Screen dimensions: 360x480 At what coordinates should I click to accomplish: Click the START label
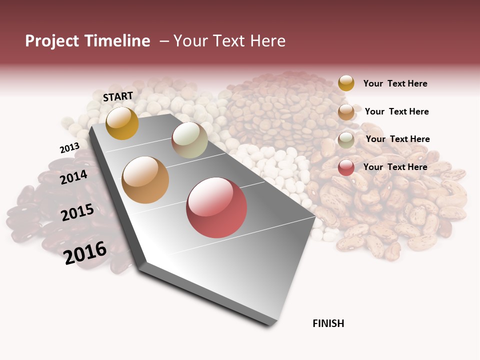coord(118,96)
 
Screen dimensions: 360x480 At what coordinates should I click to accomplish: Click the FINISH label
coord(328,323)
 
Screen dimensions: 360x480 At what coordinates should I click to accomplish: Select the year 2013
coord(69,148)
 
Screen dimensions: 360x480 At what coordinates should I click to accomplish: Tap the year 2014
coord(73,177)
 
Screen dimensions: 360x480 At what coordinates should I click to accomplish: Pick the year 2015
coord(77,212)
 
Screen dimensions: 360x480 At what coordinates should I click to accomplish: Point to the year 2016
coord(85,252)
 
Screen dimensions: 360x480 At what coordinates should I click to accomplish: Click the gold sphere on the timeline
coord(122,123)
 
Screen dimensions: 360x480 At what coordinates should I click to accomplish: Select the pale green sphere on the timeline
coord(189,140)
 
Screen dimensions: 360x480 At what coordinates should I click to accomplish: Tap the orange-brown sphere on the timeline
coord(145,180)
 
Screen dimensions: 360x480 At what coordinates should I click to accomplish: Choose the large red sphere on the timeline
coord(216,207)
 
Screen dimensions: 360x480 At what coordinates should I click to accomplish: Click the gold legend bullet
coord(346,83)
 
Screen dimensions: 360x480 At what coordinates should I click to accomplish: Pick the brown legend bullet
coord(346,112)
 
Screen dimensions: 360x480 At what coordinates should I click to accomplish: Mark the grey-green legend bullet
coord(346,140)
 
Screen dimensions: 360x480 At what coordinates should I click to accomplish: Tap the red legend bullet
coord(346,167)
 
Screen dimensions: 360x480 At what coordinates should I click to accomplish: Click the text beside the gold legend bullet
coord(395,83)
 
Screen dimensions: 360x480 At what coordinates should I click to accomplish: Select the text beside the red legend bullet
coord(395,167)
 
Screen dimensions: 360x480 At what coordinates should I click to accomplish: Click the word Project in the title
coord(51,41)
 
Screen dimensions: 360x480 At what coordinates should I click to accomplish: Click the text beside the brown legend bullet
coord(396,111)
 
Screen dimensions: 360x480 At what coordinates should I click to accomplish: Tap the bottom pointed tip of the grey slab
coord(270,324)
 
